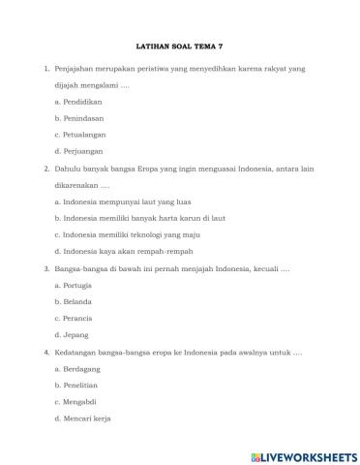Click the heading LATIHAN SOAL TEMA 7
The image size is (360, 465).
click(x=181, y=46)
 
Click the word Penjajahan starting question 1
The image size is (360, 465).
click(x=75, y=68)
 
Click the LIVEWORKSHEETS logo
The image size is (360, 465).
click(x=301, y=454)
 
